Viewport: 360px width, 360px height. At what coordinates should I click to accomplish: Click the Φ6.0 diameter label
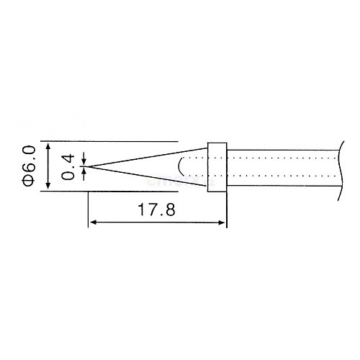29,166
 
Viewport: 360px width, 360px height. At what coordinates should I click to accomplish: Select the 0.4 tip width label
68,167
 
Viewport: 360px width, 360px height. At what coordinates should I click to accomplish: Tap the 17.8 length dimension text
156,210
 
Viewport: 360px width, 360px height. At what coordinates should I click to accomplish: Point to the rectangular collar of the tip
217,167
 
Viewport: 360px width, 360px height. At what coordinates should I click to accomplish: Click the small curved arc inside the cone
179,166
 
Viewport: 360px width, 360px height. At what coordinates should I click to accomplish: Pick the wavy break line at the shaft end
341,171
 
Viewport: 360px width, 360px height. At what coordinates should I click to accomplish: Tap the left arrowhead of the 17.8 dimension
93,222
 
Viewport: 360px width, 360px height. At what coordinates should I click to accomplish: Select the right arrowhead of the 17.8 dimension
222,222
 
